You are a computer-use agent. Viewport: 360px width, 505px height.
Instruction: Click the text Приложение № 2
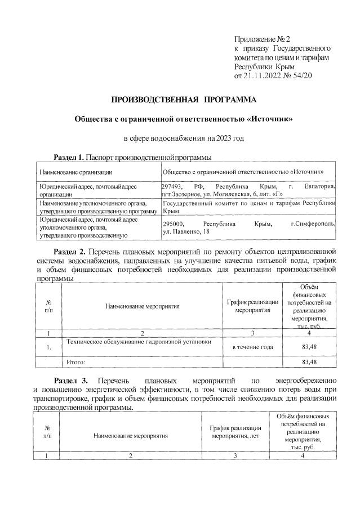[x=261, y=39]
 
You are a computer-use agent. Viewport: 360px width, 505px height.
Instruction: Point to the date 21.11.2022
[x=260, y=75]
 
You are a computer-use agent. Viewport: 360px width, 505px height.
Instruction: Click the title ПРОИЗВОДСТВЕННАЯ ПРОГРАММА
[x=183, y=100]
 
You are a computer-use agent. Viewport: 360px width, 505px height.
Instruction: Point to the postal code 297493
[x=172, y=186]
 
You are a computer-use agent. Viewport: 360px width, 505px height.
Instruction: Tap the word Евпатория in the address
[x=319, y=186]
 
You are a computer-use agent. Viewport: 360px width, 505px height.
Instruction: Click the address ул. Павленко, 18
[x=185, y=231]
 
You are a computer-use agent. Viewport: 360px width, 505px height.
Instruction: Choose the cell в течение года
[x=253, y=346]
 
